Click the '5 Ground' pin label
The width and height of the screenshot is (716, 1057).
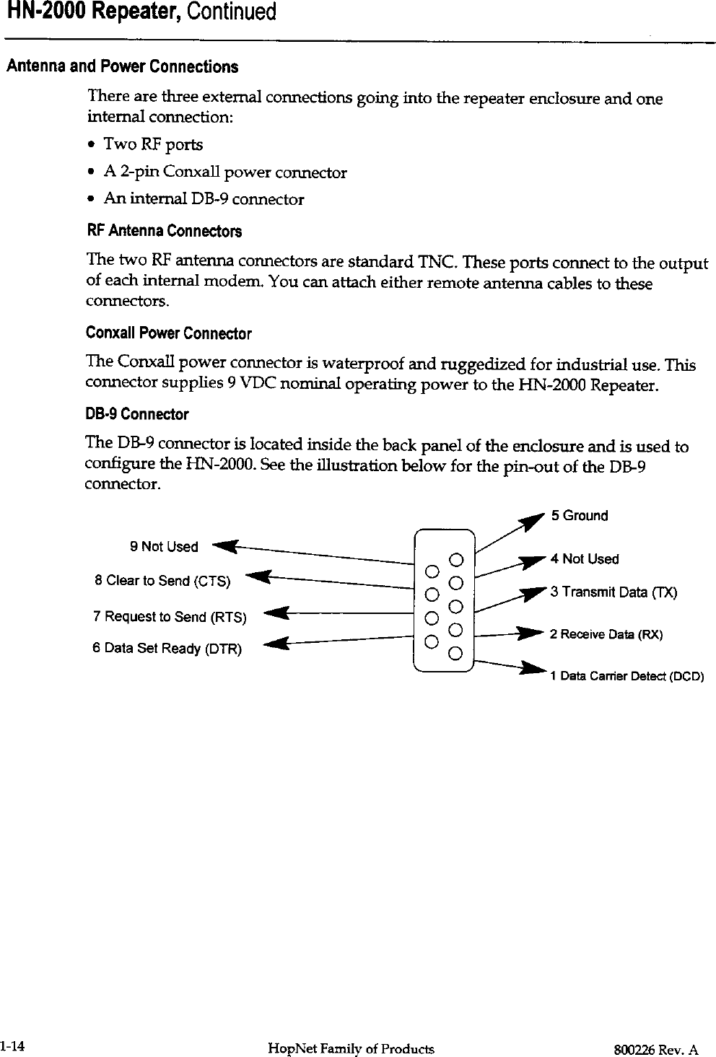580,516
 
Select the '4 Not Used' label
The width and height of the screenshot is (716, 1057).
585,559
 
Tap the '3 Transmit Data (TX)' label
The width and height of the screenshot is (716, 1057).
614,592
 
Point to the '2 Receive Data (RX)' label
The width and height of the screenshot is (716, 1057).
606,635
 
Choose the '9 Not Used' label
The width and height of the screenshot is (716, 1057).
164,547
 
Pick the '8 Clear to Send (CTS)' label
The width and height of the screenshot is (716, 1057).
162,581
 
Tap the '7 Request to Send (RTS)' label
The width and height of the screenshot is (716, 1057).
170,617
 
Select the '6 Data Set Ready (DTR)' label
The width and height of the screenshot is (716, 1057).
167,649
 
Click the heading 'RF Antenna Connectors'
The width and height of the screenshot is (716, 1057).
164,232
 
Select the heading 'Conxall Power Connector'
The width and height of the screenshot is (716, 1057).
168,333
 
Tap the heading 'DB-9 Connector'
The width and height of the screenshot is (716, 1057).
137,415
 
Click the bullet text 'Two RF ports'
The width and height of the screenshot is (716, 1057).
153,144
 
